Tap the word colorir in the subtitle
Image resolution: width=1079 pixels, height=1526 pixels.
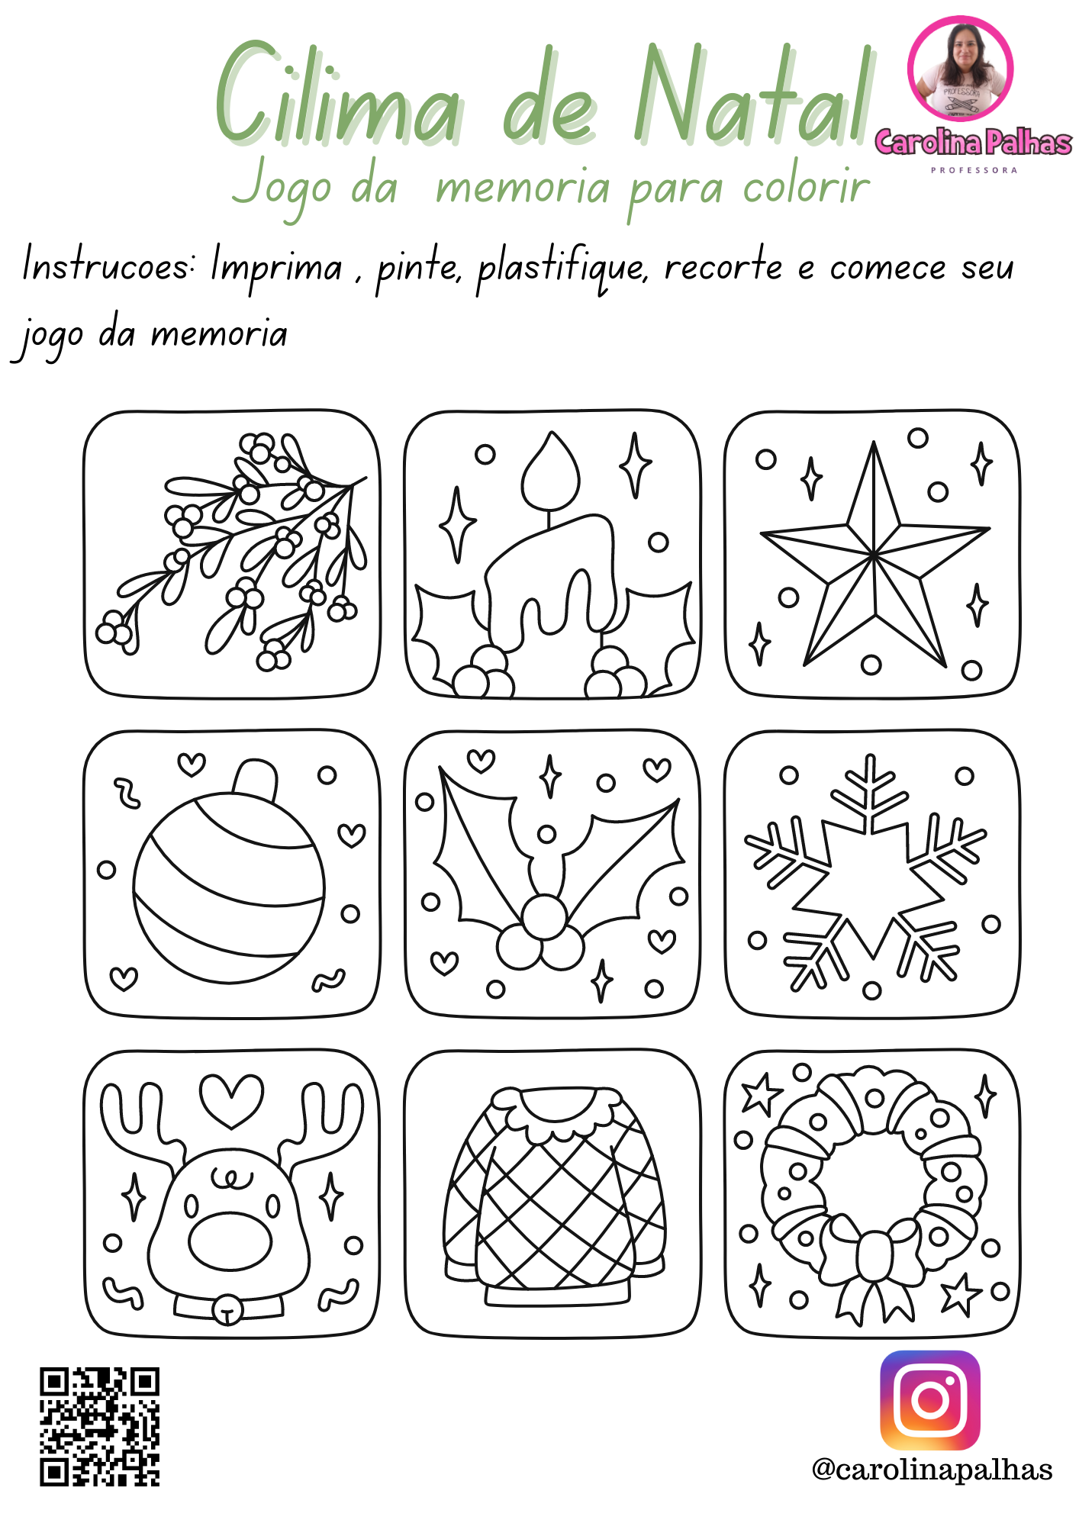806,187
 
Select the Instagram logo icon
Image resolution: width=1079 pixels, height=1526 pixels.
930,1400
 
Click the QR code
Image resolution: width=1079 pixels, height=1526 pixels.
100,1427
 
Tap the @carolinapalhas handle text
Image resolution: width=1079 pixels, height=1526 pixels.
932,1470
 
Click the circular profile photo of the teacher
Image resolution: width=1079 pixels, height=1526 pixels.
960,69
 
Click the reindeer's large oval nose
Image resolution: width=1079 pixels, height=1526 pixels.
230,1241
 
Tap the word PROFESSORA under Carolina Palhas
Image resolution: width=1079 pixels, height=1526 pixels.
974,170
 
